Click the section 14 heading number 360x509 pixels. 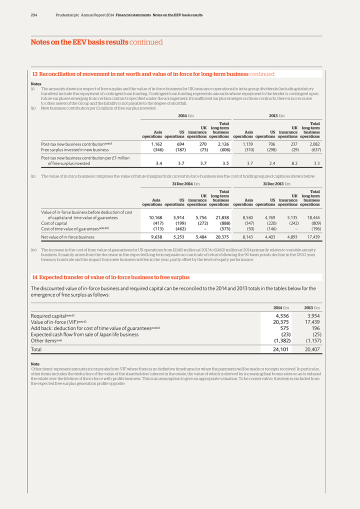pyautogui.click(x=35, y=277)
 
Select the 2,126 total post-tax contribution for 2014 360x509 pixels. pyautogui.click(x=221, y=144)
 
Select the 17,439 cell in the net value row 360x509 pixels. pyautogui.click(x=312, y=237)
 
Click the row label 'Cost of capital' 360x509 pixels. pyautogui.click(x=55, y=223)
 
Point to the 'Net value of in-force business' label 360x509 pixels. pyautogui.click(x=67, y=237)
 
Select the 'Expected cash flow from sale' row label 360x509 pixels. pyautogui.click(x=84, y=334)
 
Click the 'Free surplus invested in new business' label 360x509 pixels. pyautogui.click(x=75, y=149)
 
